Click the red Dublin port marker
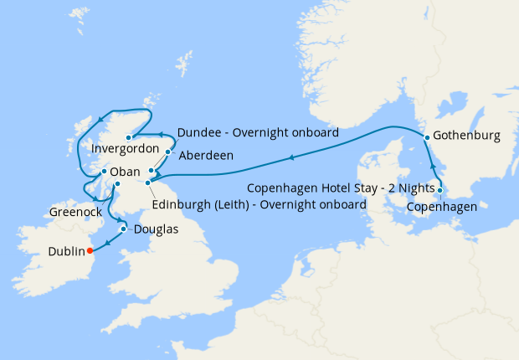90,249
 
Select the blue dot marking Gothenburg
427,136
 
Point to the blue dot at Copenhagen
440,189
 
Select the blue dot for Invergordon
129,137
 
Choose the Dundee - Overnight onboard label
258,132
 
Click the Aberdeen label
206,155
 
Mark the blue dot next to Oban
104,172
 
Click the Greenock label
75,212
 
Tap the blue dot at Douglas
123,229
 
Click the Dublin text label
66,250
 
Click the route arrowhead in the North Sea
290,157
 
